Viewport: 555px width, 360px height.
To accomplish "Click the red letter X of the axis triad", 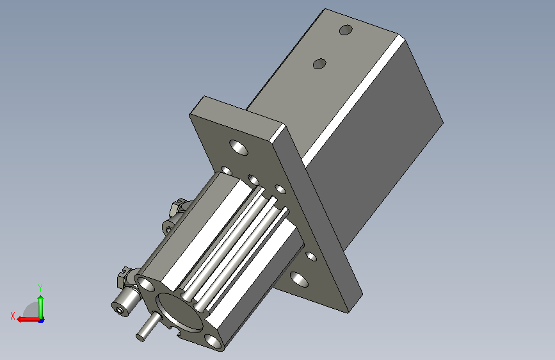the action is coord(13,316).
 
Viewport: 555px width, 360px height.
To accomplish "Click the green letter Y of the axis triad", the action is coord(40,288).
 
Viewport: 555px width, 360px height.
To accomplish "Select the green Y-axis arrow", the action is coord(41,307).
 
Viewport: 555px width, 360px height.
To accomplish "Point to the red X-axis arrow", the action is coord(28,320).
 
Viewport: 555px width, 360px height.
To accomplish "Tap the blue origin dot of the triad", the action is coord(42,320).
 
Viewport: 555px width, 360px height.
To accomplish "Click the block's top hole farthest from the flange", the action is coord(346,30).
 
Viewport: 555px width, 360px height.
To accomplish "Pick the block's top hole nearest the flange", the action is coord(319,64).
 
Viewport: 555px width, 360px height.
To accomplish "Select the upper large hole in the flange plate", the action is coord(239,147).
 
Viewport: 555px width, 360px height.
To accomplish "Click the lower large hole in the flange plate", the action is coord(299,279).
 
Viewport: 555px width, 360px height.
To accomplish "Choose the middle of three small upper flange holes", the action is coord(253,179).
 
